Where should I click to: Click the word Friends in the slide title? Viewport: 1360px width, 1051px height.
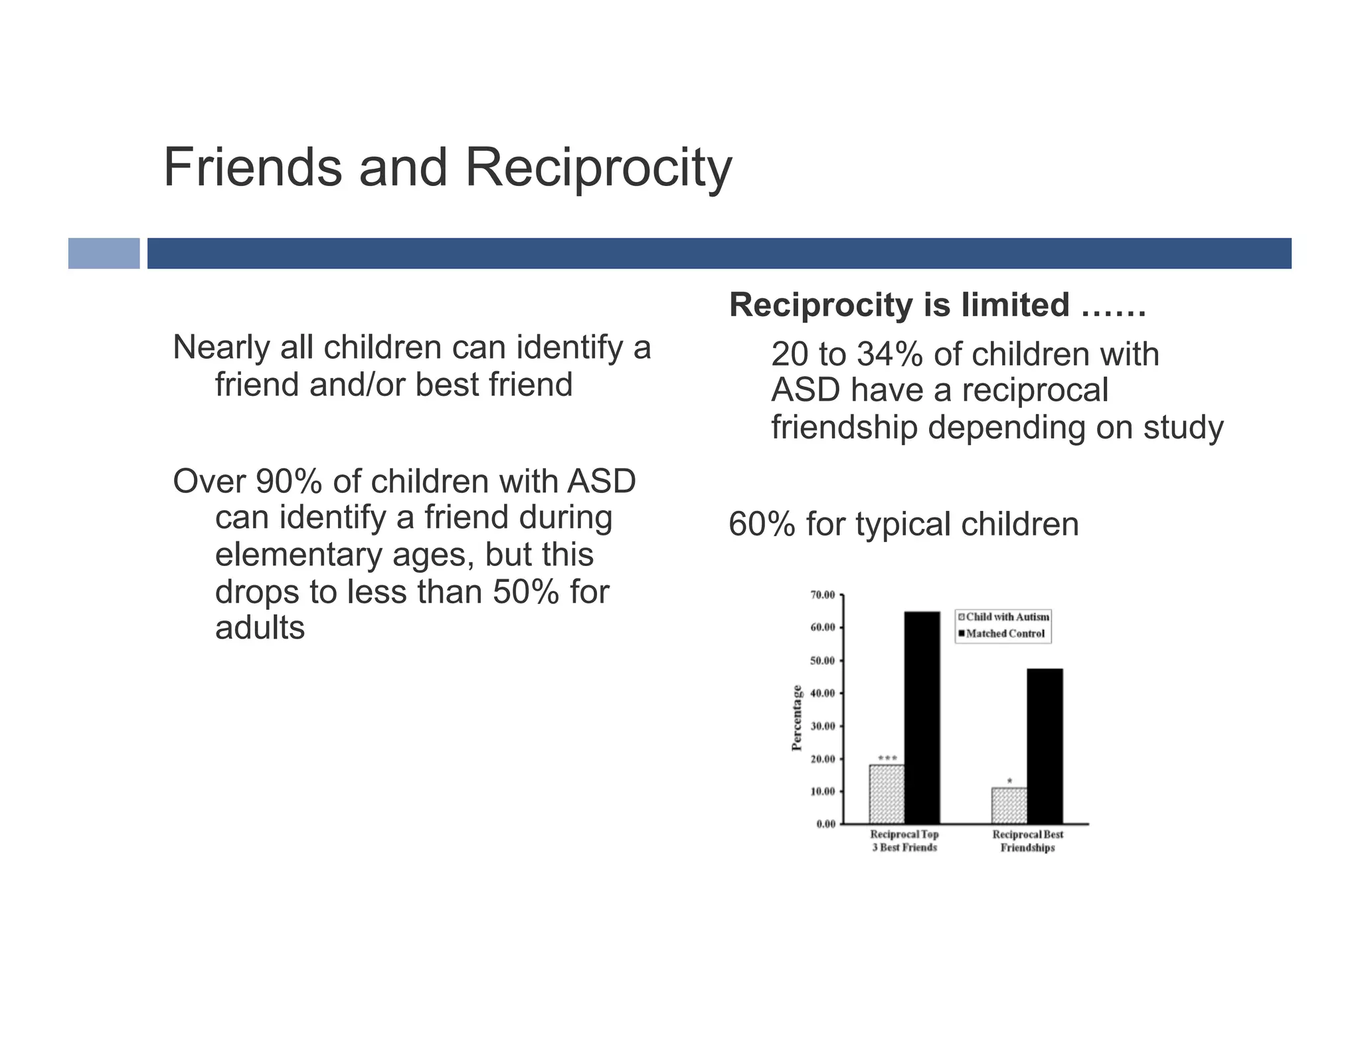coord(252,167)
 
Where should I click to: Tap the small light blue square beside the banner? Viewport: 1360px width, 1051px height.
coord(104,253)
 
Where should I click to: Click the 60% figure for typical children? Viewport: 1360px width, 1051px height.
coord(762,524)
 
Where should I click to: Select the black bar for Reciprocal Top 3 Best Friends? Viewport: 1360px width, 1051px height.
coord(922,717)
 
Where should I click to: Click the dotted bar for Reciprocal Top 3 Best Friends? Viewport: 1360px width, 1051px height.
coord(887,794)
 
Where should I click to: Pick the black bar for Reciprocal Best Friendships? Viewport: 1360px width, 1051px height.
coord(1045,745)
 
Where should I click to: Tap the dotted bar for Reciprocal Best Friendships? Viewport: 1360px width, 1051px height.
coord(1009,805)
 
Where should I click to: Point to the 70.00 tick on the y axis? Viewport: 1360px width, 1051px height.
coord(822,595)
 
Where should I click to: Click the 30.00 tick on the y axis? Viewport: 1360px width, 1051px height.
coord(822,726)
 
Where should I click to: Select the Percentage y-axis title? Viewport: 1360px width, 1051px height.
coord(797,717)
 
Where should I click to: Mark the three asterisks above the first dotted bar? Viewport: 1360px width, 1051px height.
coord(887,758)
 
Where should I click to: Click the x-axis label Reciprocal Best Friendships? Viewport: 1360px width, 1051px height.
coord(1027,841)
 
